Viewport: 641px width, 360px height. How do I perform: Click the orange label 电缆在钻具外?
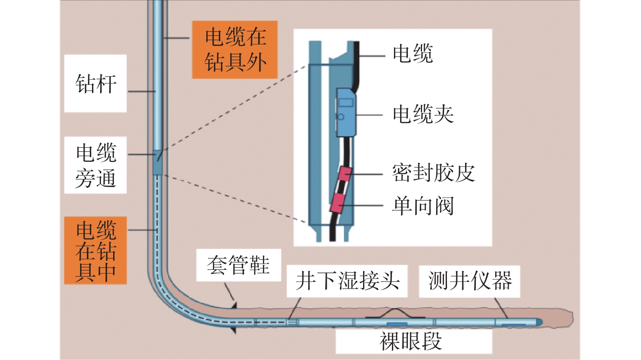(235, 50)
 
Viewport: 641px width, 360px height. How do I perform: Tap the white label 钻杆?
(96, 83)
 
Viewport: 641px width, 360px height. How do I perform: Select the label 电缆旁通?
(96, 165)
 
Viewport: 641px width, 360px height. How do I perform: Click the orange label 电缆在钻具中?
(96, 251)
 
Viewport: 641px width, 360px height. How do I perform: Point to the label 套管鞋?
(238, 265)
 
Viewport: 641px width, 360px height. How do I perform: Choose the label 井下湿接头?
(347, 281)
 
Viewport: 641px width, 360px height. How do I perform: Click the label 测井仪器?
(470, 281)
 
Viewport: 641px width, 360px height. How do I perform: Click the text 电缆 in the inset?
(413, 54)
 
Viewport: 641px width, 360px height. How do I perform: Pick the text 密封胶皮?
(433, 173)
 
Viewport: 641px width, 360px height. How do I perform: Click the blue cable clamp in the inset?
(346, 112)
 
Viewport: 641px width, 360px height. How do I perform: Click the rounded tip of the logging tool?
(539, 322)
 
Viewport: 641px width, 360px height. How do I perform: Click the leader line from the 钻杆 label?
(142, 92)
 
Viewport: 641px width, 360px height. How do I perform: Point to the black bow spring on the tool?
(395, 312)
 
